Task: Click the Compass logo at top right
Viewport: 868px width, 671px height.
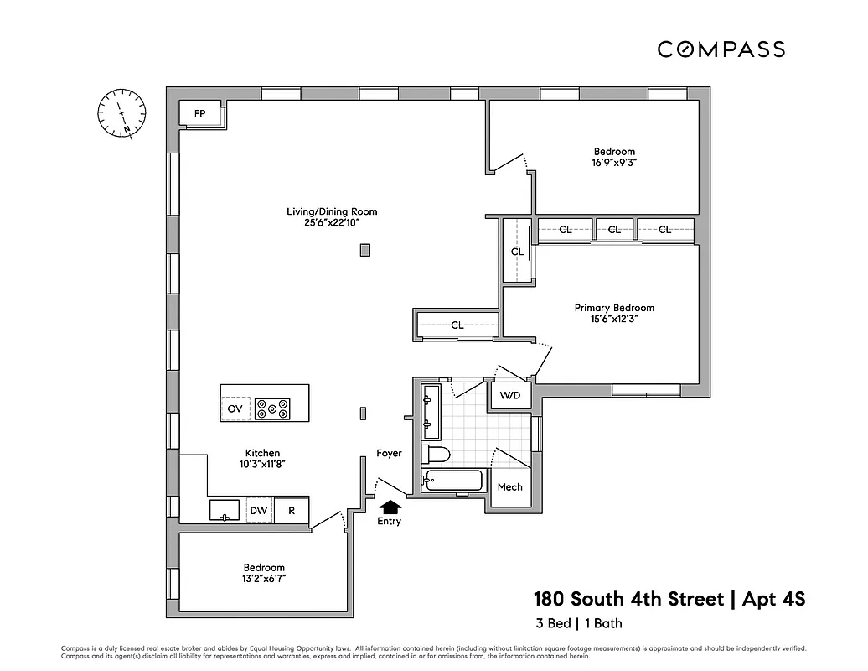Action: (721, 49)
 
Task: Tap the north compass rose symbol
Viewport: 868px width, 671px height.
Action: (121, 112)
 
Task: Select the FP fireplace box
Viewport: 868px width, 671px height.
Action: (200, 114)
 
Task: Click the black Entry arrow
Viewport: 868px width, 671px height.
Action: (390, 506)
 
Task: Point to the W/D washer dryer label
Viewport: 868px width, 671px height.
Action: (509, 396)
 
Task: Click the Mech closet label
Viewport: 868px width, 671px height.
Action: (509, 487)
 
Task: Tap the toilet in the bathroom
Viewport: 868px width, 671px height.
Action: (437, 455)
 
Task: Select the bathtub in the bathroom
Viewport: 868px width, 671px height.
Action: (453, 481)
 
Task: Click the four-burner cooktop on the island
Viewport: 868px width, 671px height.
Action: (272, 408)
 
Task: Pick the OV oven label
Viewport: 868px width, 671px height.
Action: (235, 409)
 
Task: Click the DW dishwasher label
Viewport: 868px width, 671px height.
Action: (258, 510)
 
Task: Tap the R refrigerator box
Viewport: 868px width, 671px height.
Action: (292, 510)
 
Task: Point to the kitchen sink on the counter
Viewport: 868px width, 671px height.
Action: (225, 510)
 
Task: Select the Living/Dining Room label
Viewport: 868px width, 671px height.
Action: (332, 211)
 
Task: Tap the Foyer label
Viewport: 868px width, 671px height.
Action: (389, 454)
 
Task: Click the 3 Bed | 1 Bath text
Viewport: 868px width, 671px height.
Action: (578, 623)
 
